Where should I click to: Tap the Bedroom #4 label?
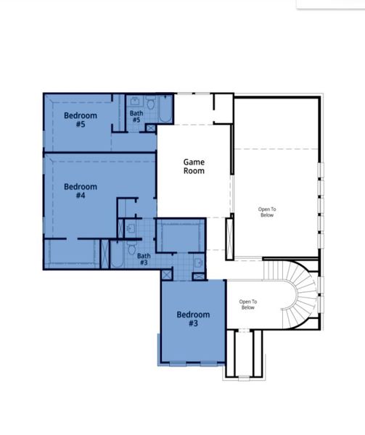coord(80,191)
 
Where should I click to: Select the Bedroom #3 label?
coord(194,319)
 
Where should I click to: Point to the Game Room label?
coord(194,167)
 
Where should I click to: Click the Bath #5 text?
coord(136,117)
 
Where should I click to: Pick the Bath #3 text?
coord(144,259)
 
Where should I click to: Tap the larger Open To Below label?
coord(268,211)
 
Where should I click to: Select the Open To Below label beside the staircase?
coord(248,304)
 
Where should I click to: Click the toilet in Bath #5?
coord(151,104)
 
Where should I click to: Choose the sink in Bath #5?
coord(136,102)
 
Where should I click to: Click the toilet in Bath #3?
coord(131,249)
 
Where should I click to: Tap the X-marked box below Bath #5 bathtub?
coord(150,128)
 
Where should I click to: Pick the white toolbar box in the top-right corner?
coord(330,4)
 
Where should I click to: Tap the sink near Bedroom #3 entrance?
coord(198,264)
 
